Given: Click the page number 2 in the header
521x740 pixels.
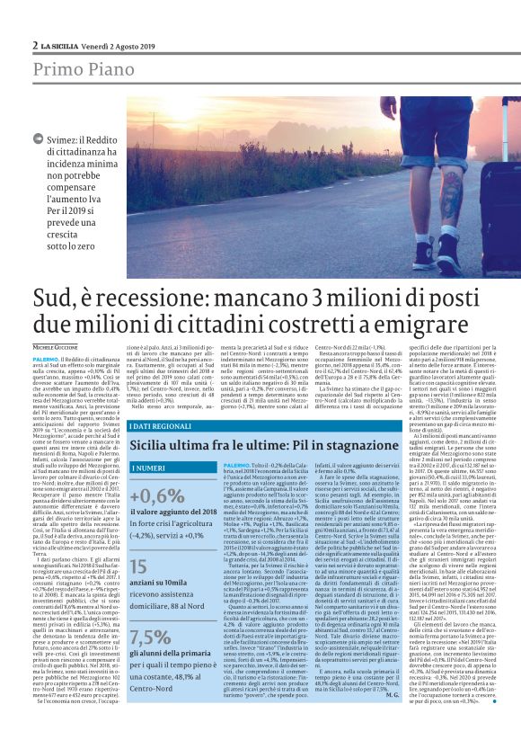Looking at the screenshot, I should tap(35, 45).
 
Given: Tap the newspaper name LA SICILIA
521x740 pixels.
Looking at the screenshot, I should tap(63, 45).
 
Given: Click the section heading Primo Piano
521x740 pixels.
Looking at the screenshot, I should tap(78, 70).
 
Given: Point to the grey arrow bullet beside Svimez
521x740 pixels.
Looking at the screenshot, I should tap(37, 138).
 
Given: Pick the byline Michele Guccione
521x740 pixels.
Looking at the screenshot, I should tap(56, 347).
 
